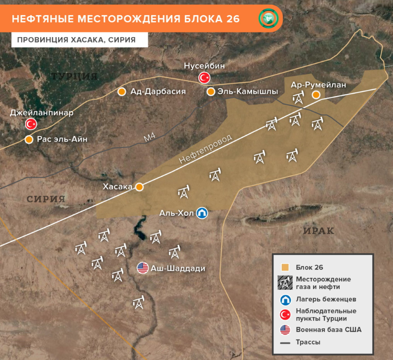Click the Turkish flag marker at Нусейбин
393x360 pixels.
[204, 78]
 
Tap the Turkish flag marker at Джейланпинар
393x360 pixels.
[31, 124]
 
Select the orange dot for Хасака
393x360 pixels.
[140, 187]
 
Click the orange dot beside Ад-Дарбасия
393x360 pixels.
[122, 92]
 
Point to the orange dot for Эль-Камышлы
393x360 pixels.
[211, 92]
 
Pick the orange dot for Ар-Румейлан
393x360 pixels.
[316, 95]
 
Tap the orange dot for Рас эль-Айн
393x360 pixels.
[29, 139]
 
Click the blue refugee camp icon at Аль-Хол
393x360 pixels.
[202, 213]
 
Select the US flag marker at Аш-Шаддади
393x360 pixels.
[143, 268]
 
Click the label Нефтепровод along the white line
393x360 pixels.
[206, 149]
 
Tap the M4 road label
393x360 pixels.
[149, 138]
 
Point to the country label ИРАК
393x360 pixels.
[318, 231]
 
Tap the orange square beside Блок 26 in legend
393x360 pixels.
[285, 267]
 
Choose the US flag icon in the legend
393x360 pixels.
[285, 330]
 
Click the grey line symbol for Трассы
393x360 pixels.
[285, 342]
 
